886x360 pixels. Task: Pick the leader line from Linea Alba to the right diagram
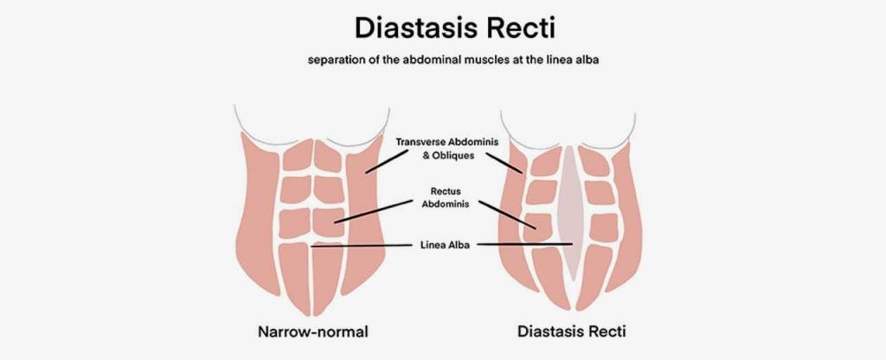(x=523, y=245)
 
